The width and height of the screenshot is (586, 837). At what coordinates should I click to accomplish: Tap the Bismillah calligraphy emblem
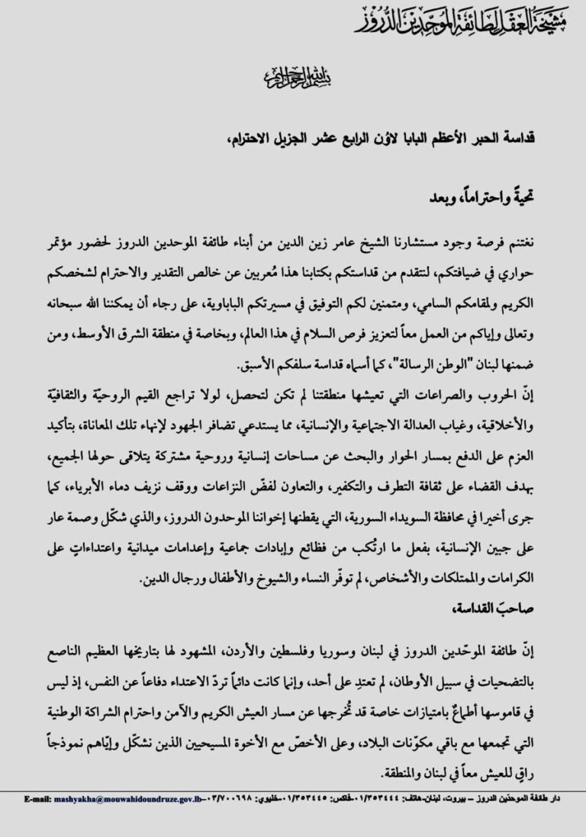[x=293, y=77]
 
